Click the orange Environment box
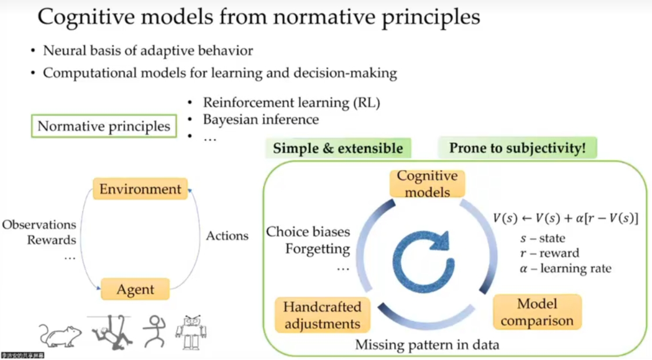point(140,189)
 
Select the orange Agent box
point(135,290)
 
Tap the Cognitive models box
point(428,183)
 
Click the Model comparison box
point(537,312)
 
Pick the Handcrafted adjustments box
point(322,315)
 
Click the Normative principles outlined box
point(104,126)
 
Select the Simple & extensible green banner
point(338,148)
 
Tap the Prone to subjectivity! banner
point(517,148)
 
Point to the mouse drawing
point(60,335)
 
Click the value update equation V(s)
point(565,219)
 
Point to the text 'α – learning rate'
point(565,269)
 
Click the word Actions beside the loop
point(227,236)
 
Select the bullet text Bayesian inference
point(261,120)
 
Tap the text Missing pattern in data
point(427,344)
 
